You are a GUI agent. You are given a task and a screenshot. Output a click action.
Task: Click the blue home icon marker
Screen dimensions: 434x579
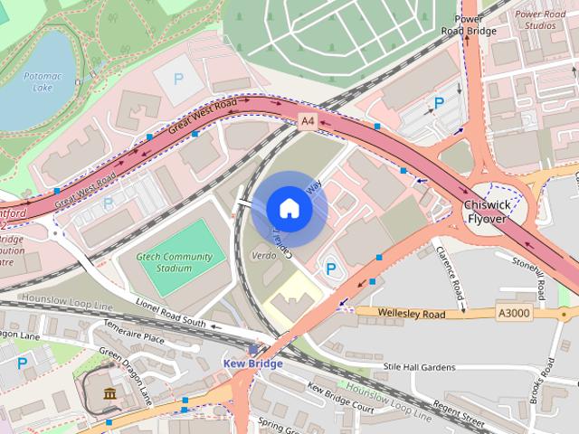pyautogui.click(x=289, y=209)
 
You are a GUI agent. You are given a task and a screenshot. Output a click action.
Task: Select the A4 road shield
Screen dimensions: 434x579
pyautogui.click(x=308, y=120)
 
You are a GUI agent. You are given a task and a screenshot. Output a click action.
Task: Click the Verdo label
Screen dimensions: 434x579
pyautogui.click(x=262, y=258)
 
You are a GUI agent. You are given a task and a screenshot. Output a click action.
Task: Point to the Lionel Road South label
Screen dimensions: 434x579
pyautogui.click(x=170, y=312)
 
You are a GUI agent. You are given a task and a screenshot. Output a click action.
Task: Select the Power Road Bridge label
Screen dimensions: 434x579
pyautogui.click(x=475, y=24)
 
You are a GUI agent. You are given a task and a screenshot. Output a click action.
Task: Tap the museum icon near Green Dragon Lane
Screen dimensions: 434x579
pyautogui.click(x=110, y=393)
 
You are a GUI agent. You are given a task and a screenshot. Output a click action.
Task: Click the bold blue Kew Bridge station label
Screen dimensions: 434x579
pyautogui.click(x=252, y=363)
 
